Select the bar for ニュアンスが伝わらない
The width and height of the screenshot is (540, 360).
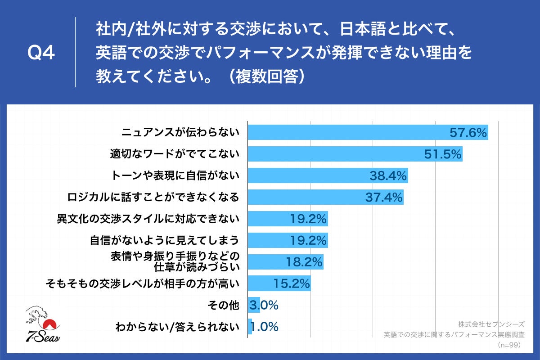pyautogui.click(x=351, y=132)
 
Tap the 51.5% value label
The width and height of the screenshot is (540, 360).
pyautogui.click(x=443, y=154)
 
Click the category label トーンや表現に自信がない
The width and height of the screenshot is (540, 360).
pyautogui.click(x=175, y=175)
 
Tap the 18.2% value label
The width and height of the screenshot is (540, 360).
pyautogui.click(x=304, y=262)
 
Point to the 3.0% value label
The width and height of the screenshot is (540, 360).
pyautogui.click(x=264, y=305)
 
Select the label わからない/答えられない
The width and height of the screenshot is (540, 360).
pyautogui.click(x=177, y=327)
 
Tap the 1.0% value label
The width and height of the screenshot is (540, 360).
pyautogui.click(x=264, y=327)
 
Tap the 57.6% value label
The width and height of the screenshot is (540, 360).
pyautogui.click(x=468, y=133)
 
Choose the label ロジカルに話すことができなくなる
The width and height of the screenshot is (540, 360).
pyautogui.click(x=153, y=197)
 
